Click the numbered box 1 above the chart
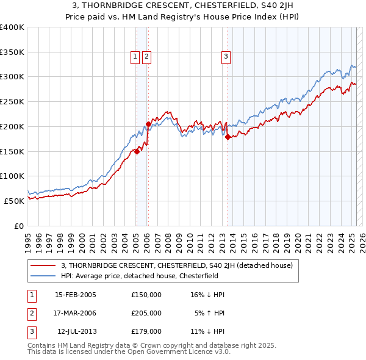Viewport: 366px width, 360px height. [135, 57]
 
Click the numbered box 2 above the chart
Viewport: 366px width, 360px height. [147, 57]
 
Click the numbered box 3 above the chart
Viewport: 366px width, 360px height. [226, 57]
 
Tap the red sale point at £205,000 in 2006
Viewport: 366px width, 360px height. [148, 124]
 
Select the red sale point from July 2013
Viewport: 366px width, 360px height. [228, 137]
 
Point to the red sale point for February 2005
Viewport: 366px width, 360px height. [137, 152]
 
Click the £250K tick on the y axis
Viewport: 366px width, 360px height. [12, 102]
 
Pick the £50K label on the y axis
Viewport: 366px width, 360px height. [14, 201]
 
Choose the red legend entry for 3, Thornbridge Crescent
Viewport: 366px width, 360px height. [177, 265]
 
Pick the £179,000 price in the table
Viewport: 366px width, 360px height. [146, 331]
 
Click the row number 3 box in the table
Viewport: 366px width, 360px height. [30, 331]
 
